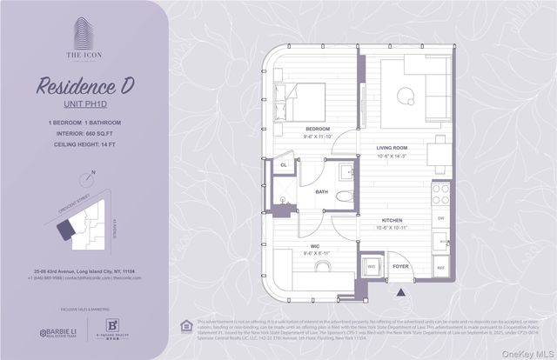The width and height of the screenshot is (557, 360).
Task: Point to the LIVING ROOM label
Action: pyautogui.click(x=392, y=148)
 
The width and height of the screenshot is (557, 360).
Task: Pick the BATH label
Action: pyautogui.click(x=321, y=191)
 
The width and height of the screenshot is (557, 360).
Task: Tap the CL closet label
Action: pyautogui.click(x=284, y=164)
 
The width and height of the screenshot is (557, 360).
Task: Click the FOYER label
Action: pyautogui.click(x=400, y=266)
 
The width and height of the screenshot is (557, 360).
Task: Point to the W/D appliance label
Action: pyautogui.click(x=372, y=267)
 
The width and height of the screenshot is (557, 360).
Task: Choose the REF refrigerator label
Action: pyautogui.click(x=440, y=268)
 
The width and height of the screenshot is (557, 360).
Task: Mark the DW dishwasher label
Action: pyautogui.click(x=441, y=218)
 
